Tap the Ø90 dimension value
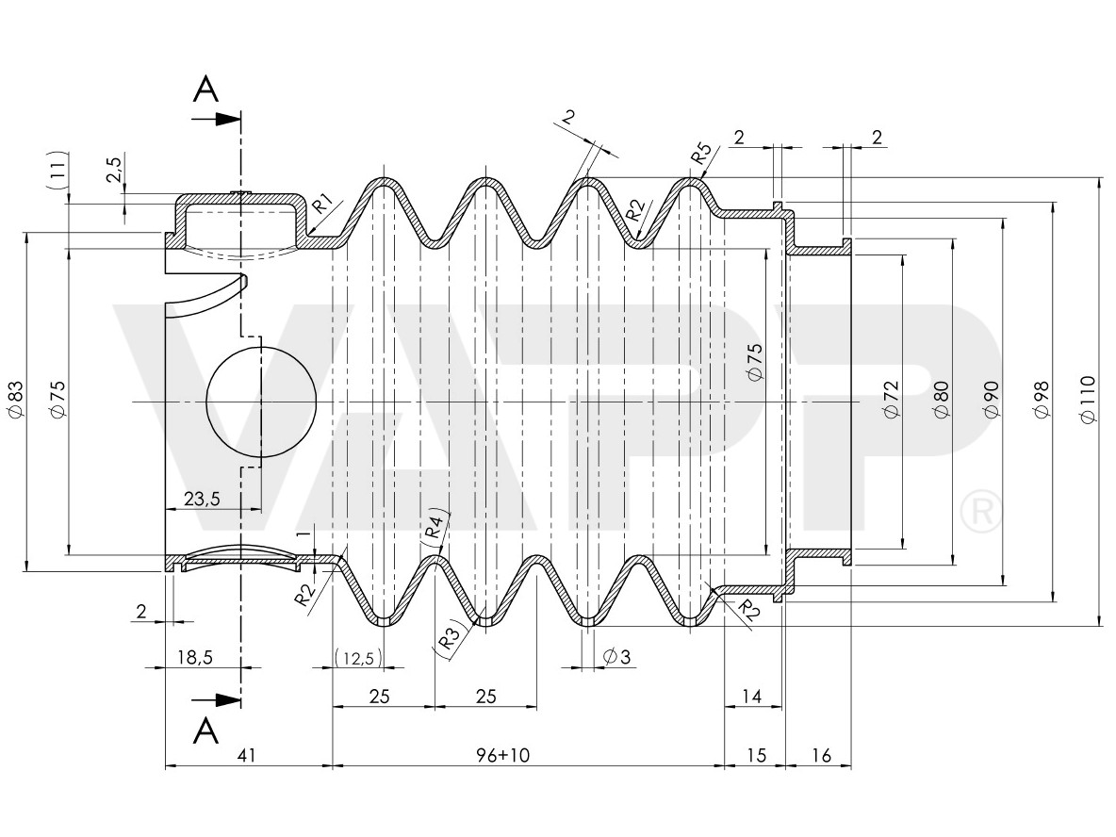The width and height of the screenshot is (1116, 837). coord(991,401)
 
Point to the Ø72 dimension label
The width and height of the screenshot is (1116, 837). coord(892,401)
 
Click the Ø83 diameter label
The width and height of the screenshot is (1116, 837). coord(15,400)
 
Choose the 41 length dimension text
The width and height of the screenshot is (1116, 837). coord(247,755)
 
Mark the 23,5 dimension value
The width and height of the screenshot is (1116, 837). coord(202,500)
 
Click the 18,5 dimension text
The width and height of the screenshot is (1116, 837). coord(192,657)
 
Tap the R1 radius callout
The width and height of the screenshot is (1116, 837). coord(322,202)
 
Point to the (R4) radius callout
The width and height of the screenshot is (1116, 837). coord(435,525)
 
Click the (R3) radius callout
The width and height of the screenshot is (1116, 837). coord(450,639)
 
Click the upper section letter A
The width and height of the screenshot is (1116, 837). coord(205,90)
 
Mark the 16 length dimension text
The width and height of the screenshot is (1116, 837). coord(820,755)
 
